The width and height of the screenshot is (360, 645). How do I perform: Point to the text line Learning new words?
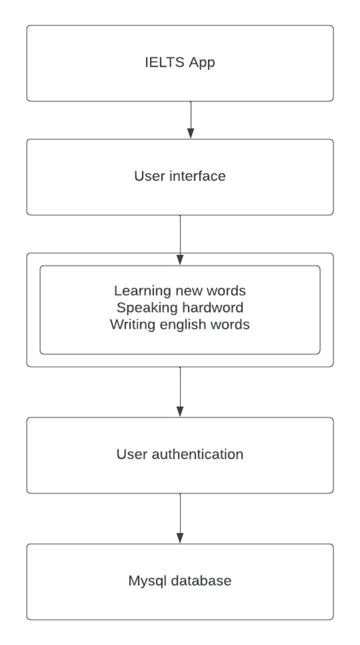coord(180,291)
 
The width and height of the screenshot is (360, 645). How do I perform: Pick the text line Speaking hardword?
coord(180,307)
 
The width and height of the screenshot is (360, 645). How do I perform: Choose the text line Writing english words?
coord(180,325)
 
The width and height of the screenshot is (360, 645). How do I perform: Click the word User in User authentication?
coord(132,454)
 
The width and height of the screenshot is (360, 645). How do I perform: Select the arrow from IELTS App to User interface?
coord(190,119)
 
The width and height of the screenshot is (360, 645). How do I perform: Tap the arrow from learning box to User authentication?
coord(180,391)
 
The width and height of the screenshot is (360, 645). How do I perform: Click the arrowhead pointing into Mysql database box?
coord(180,539)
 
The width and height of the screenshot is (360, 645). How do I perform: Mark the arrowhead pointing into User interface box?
coord(190,134)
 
